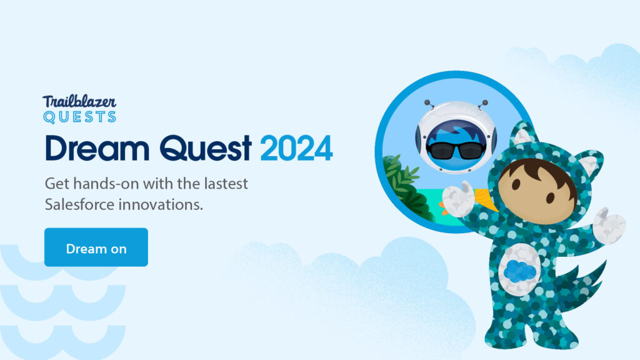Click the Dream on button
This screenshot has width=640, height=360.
click(96, 247)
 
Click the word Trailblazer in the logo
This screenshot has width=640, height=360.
click(79, 102)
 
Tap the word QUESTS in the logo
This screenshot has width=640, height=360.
click(79, 117)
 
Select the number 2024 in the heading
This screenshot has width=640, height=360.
click(296, 148)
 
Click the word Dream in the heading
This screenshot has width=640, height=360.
click(97, 147)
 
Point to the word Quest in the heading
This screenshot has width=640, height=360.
click(205, 147)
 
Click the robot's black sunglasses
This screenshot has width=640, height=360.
click(456, 151)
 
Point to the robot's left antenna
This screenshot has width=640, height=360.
click(429, 104)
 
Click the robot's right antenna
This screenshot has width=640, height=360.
click(483, 104)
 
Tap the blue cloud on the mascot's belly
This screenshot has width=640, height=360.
click(519, 271)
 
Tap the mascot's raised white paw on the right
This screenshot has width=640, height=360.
click(609, 225)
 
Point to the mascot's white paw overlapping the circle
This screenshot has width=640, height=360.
click(459, 199)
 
